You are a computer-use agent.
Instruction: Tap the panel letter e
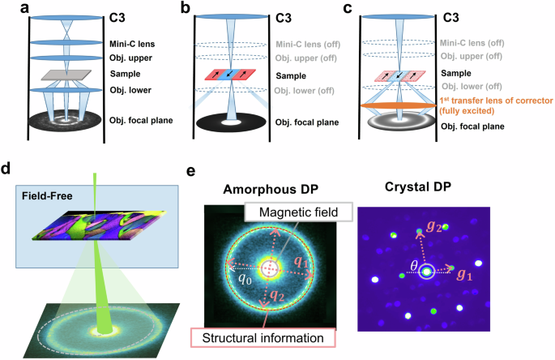[190, 171]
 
